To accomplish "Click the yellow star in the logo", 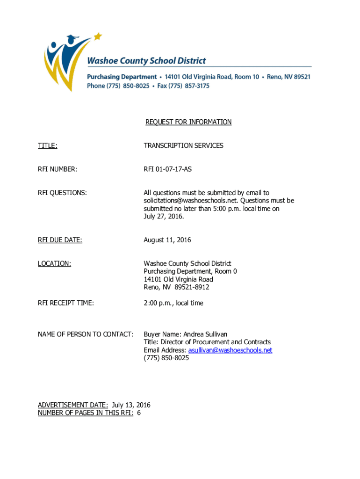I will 98,36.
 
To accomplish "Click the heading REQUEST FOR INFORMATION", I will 188,122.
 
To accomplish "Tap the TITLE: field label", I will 48,145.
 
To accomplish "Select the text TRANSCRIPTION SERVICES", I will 183,145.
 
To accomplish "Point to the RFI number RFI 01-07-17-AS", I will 167,169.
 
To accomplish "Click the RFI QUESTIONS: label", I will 62,193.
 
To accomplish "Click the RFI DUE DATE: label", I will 60,240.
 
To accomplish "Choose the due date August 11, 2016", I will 167,240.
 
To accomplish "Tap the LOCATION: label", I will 54,264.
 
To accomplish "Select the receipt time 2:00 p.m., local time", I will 173,303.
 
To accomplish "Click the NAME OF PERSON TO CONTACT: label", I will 86,334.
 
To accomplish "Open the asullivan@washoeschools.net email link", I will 230,350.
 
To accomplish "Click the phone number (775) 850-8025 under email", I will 166,358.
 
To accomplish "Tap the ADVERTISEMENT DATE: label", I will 73,405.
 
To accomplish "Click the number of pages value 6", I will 139,413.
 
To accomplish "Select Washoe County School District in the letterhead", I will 146,61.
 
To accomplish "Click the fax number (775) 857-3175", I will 189,86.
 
